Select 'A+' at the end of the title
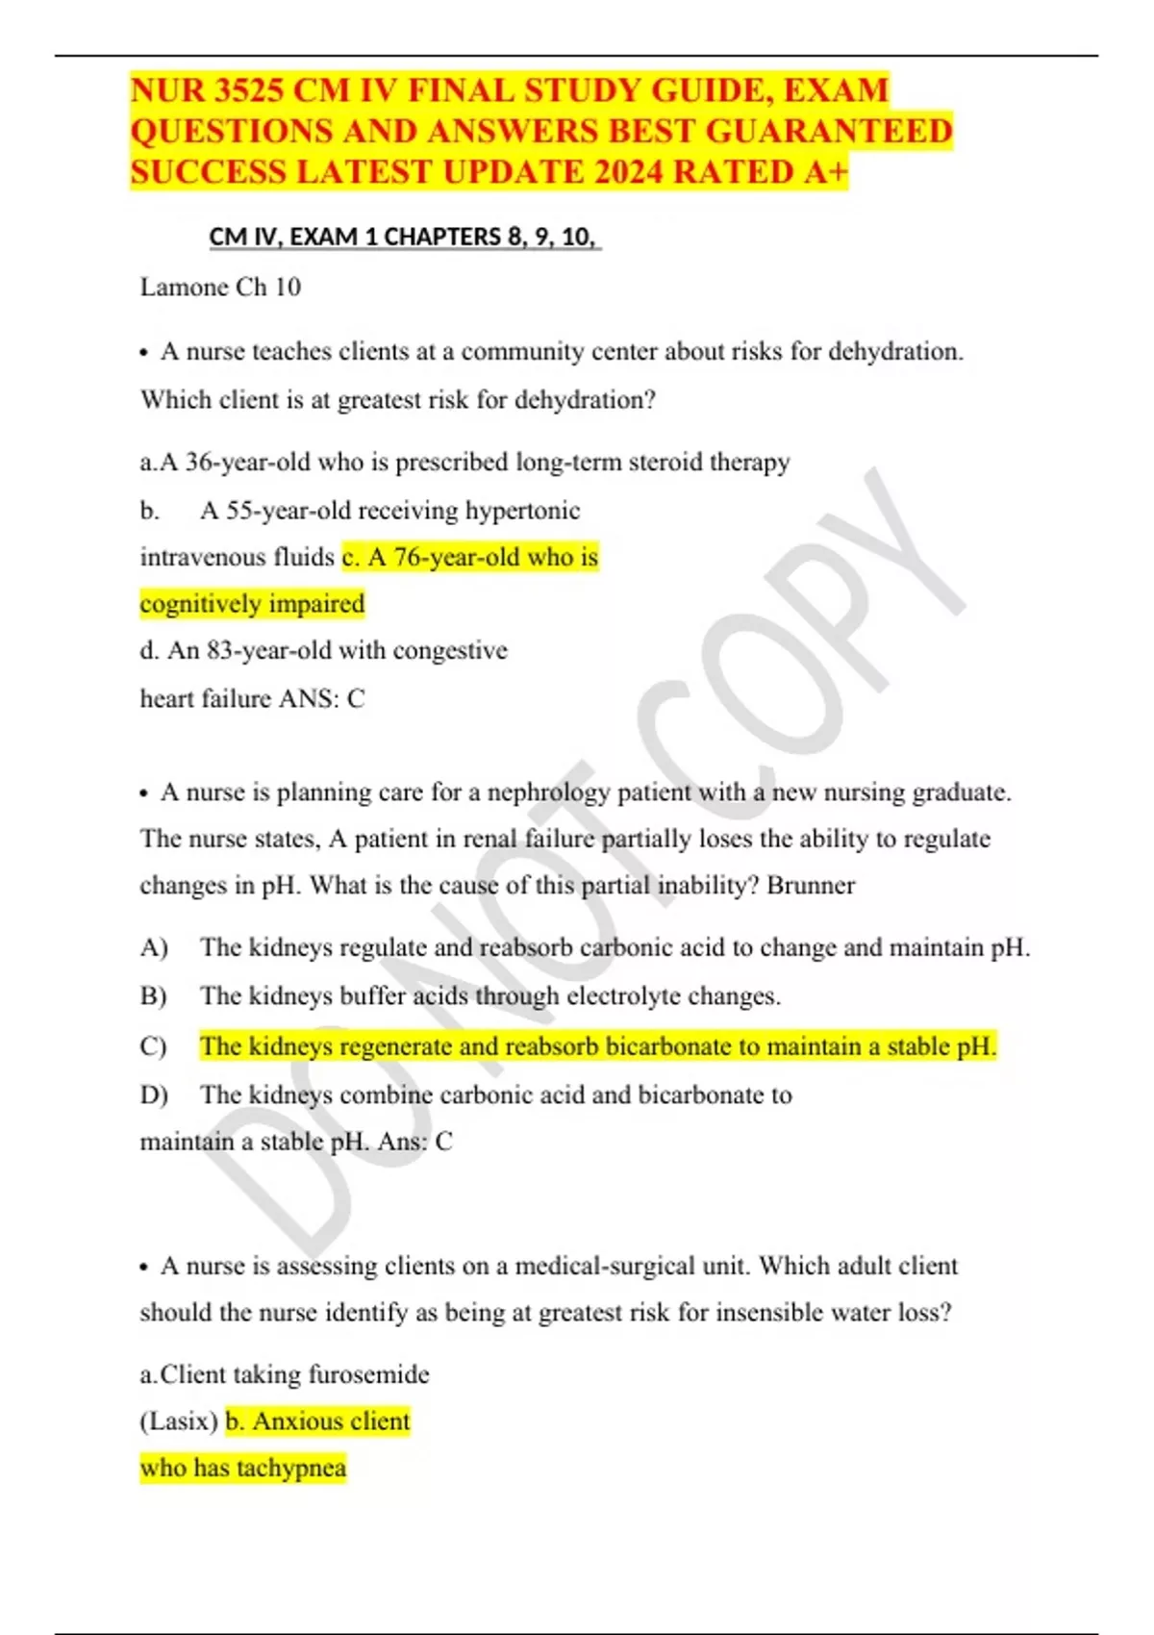click(826, 172)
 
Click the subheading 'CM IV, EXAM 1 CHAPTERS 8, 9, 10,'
click(404, 237)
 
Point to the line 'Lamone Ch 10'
click(220, 288)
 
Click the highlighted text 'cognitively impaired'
click(252, 604)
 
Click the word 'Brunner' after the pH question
click(811, 886)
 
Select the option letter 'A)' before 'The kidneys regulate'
click(154, 948)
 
